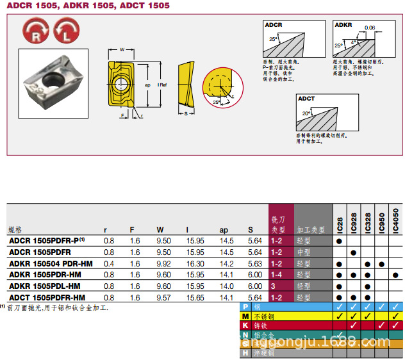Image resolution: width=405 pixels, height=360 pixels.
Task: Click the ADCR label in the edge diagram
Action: (274, 25)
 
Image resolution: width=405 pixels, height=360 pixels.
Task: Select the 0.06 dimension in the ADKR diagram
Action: (369, 28)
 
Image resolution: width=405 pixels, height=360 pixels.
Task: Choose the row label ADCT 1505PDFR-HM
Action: (47, 298)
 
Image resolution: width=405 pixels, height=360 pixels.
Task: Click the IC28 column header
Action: (339, 224)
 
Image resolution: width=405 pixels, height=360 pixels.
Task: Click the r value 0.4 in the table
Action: (109, 263)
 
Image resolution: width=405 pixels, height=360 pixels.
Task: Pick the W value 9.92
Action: (163, 263)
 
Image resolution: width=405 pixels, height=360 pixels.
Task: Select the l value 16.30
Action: (195, 263)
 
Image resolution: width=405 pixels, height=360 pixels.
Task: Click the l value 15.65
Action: (195, 298)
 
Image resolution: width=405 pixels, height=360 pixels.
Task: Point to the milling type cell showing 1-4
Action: (276, 275)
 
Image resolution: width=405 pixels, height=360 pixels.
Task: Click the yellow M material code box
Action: (244, 316)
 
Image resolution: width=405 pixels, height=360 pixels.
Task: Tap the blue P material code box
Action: (244, 307)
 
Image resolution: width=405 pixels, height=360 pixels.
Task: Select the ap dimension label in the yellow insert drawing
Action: (147, 85)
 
